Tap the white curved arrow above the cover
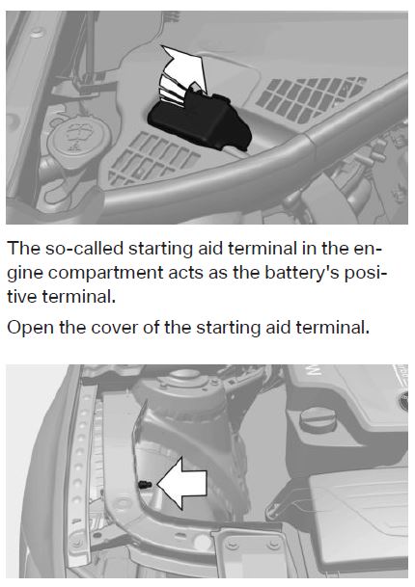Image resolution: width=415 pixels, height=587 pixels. pyautogui.click(x=183, y=73)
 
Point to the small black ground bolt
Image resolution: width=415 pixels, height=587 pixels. pyautogui.click(x=145, y=485)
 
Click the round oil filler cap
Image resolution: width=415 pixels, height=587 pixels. pyautogui.click(x=318, y=418)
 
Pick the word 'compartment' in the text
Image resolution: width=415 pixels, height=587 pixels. pyautogui.click(x=106, y=274)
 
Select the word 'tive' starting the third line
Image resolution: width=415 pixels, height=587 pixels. pyautogui.click(x=22, y=297)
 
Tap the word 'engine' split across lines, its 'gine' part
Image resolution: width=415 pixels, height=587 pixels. pyautogui.click(x=25, y=274)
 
